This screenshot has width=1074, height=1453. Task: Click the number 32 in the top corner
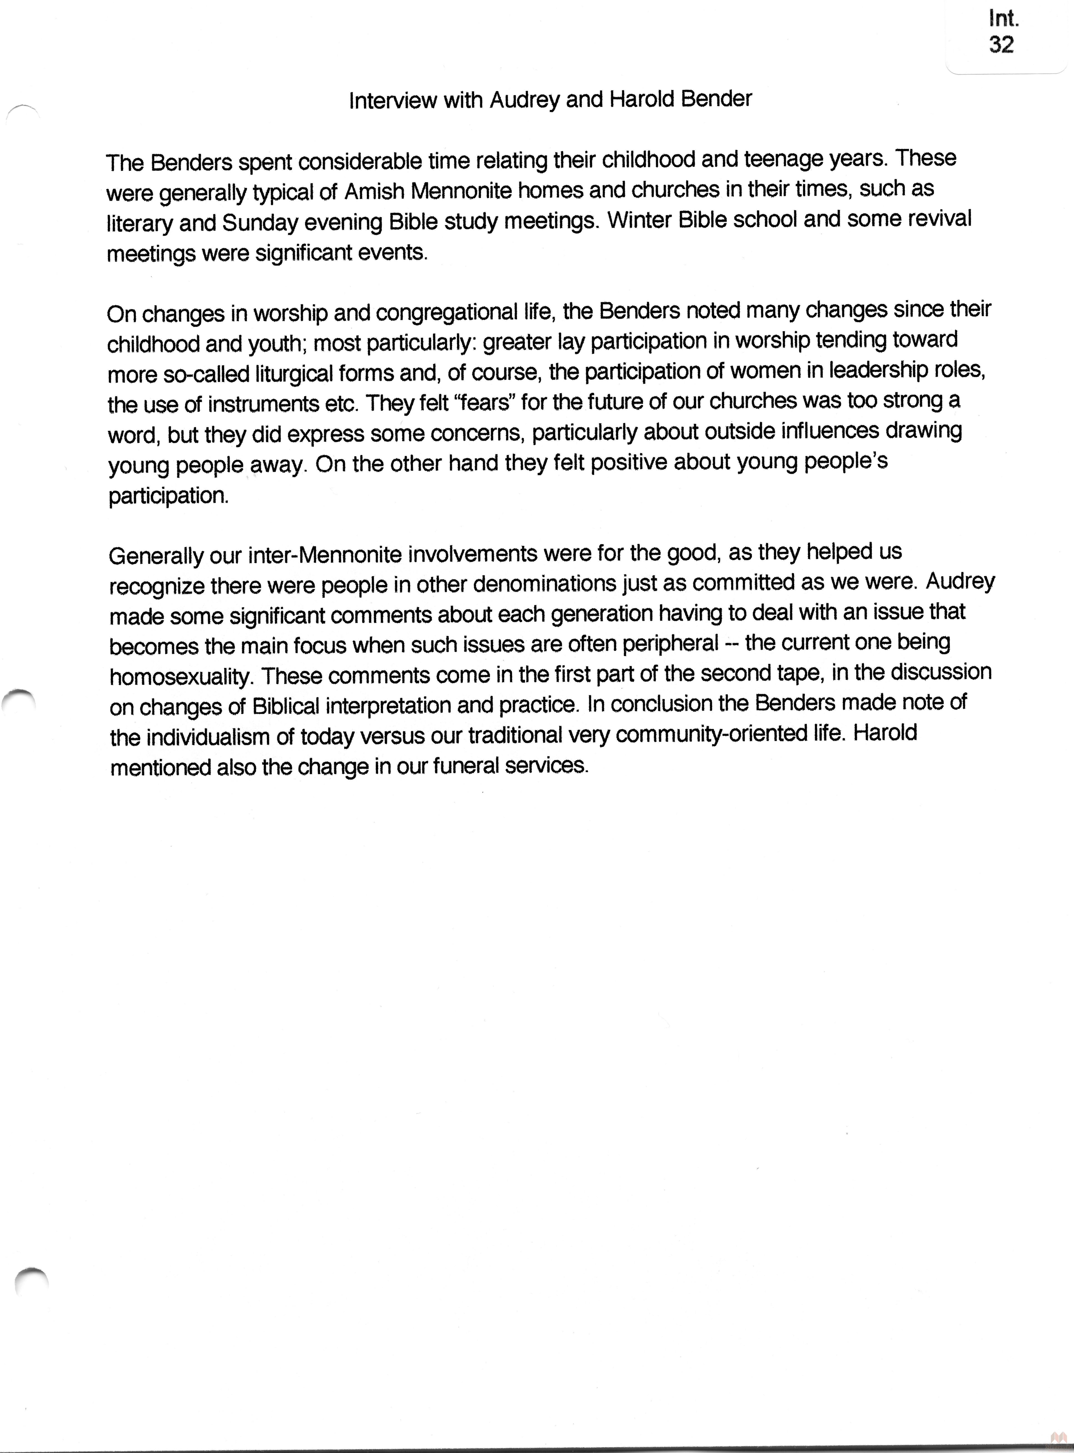tap(1001, 45)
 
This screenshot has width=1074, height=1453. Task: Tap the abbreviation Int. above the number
tap(1003, 18)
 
